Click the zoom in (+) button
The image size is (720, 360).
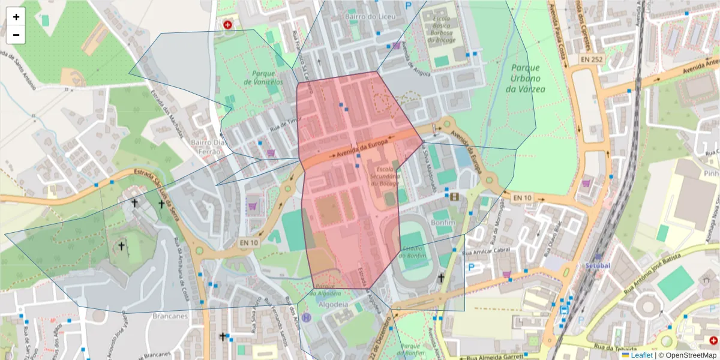[16, 17]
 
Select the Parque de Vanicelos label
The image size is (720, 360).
[263, 77]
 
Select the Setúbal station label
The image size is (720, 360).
[598, 265]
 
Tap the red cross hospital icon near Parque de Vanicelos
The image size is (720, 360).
[227, 25]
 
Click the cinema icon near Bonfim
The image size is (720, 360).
[454, 196]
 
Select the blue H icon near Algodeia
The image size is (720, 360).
[307, 317]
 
